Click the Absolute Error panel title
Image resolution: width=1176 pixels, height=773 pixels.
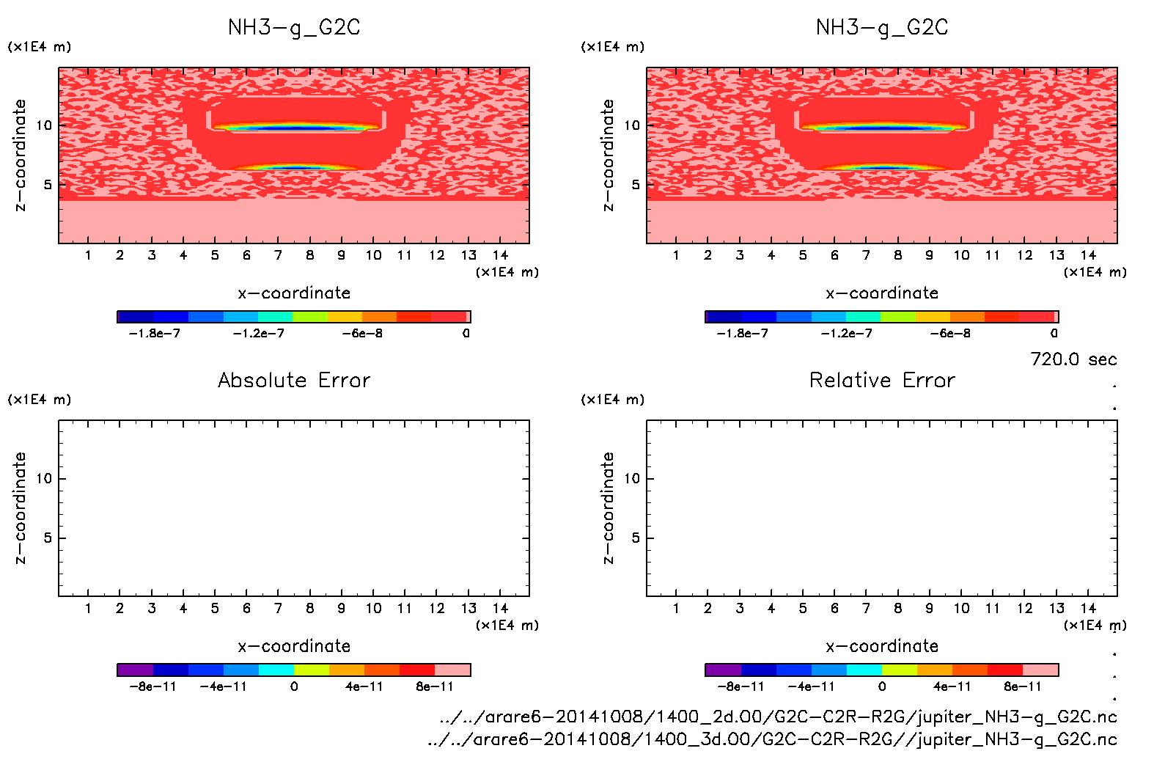(294, 380)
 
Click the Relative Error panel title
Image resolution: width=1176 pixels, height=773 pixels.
(882, 380)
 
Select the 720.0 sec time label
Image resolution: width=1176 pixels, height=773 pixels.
(1073, 359)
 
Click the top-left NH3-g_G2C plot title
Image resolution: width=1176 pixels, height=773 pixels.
(294, 28)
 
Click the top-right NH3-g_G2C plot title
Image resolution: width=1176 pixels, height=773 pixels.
(882, 28)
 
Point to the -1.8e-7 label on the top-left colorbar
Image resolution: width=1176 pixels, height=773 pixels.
(154, 334)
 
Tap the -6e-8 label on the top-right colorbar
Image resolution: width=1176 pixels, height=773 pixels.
(950, 334)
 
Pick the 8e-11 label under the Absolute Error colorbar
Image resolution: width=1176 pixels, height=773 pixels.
(435, 687)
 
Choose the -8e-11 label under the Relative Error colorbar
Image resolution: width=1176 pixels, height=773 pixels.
(740, 687)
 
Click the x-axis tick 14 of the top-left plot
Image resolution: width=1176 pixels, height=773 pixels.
(500, 255)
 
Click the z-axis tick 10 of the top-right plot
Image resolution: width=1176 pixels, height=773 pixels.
(632, 125)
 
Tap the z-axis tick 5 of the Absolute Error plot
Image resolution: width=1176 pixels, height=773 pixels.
(48, 538)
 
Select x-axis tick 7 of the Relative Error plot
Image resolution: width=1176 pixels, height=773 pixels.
(866, 609)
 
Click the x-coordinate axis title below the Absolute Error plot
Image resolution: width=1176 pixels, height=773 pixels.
(294, 646)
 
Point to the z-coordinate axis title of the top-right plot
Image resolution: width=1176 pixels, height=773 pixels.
(608, 155)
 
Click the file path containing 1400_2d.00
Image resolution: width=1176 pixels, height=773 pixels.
(778, 717)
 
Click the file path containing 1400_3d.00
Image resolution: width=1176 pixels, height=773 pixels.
(772, 739)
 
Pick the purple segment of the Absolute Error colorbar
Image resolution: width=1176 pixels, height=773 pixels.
(135, 670)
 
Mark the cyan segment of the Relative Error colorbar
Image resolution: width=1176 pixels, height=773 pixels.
(864, 670)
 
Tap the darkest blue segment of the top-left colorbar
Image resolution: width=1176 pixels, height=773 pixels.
(135, 317)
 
